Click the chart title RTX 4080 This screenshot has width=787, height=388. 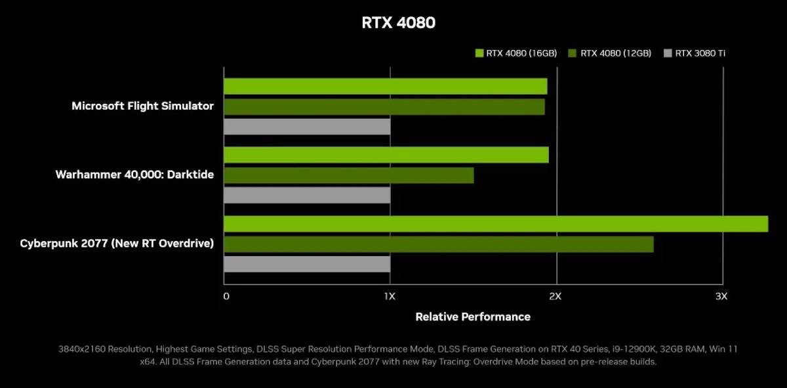point(398,23)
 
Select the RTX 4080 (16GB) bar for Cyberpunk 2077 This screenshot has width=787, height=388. point(496,224)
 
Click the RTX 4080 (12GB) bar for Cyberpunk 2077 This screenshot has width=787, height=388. point(439,244)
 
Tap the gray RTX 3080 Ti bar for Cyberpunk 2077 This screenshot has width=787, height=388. point(307,264)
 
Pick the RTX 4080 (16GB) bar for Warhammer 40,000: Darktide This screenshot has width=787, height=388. point(386,155)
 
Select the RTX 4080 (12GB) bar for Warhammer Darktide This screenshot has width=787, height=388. point(349,175)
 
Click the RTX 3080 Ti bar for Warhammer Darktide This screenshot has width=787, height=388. point(307,195)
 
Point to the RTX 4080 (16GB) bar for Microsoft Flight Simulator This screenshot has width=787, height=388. point(386,86)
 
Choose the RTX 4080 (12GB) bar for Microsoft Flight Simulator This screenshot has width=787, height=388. point(384,106)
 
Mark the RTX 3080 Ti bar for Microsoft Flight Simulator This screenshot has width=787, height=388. point(307,126)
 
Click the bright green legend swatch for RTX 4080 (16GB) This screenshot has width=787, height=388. point(479,53)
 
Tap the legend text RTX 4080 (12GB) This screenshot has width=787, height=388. point(616,53)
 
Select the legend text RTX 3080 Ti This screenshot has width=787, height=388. point(700,53)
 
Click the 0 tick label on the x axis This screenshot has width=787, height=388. point(226,296)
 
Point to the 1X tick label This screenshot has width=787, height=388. point(390,296)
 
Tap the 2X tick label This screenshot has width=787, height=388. point(555,296)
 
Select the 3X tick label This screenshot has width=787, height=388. point(721,296)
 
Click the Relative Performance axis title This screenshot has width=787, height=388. point(473,316)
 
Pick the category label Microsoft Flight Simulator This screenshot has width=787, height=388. point(142,106)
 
